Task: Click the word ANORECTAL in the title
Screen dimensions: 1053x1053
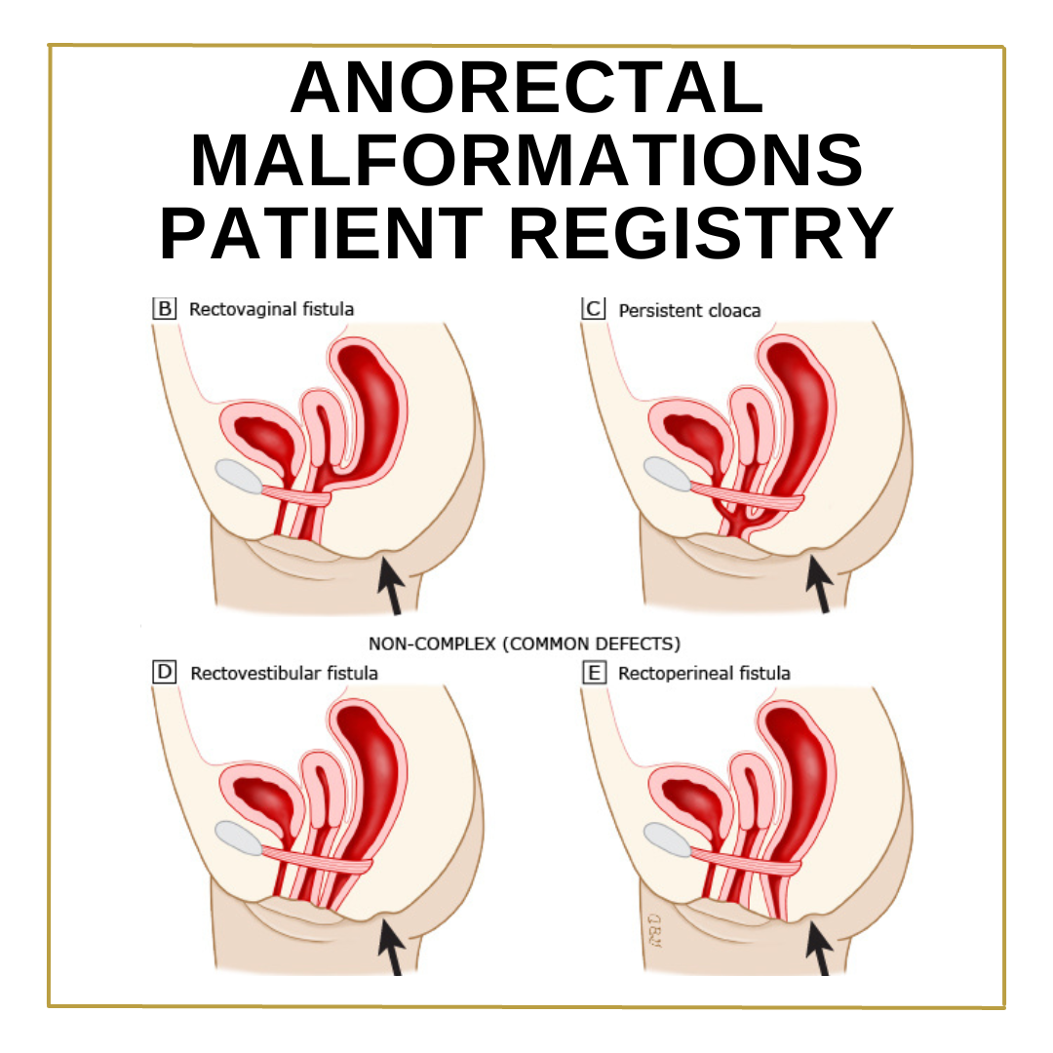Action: [526, 88]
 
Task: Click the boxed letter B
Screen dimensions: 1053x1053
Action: [165, 309]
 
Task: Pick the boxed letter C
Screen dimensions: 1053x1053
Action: [593, 309]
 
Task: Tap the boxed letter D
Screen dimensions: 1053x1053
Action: [165, 672]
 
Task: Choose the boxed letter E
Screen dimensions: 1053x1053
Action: [593, 672]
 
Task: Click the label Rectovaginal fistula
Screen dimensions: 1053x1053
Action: [271, 310]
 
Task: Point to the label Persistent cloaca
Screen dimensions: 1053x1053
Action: [689, 310]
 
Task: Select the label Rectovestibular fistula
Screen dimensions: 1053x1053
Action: [284, 673]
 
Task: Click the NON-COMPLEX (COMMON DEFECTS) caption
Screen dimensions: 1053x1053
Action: [525, 643]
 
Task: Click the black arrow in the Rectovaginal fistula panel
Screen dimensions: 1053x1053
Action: [391, 585]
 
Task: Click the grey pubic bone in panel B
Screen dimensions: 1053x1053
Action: [240, 476]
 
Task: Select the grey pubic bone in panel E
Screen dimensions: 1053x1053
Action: [669, 838]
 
